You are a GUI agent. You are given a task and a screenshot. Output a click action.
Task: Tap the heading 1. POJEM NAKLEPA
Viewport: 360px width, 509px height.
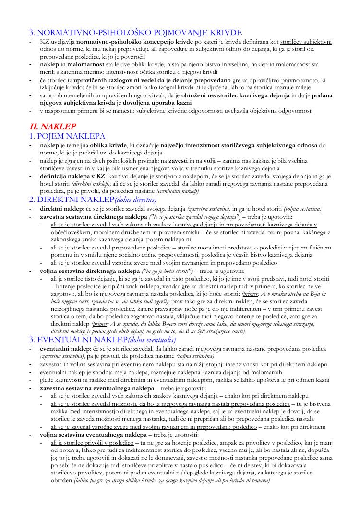(67, 136)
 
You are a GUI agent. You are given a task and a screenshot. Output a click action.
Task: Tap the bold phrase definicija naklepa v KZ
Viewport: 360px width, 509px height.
(72, 176)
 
